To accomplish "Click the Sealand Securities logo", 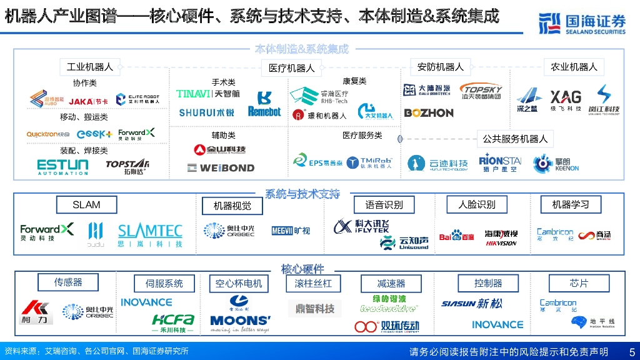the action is click(581, 23).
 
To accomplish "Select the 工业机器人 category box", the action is click(90, 67).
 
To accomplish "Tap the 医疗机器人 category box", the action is click(292, 68).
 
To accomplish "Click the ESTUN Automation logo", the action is click(62, 166).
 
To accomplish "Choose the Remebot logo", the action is click(264, 104).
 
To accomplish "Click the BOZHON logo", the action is click(429, 113).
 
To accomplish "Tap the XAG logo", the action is click(565, 99).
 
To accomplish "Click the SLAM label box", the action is click(86, 205).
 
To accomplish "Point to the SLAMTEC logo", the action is click(150, 235).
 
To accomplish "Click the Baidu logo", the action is click(456, 236).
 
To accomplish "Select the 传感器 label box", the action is click(68, 282).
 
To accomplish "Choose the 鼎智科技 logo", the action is click(315, 308).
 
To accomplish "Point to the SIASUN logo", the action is click(471, 304).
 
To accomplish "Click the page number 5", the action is click(631, 352).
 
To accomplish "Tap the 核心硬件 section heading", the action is click(302, 269).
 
